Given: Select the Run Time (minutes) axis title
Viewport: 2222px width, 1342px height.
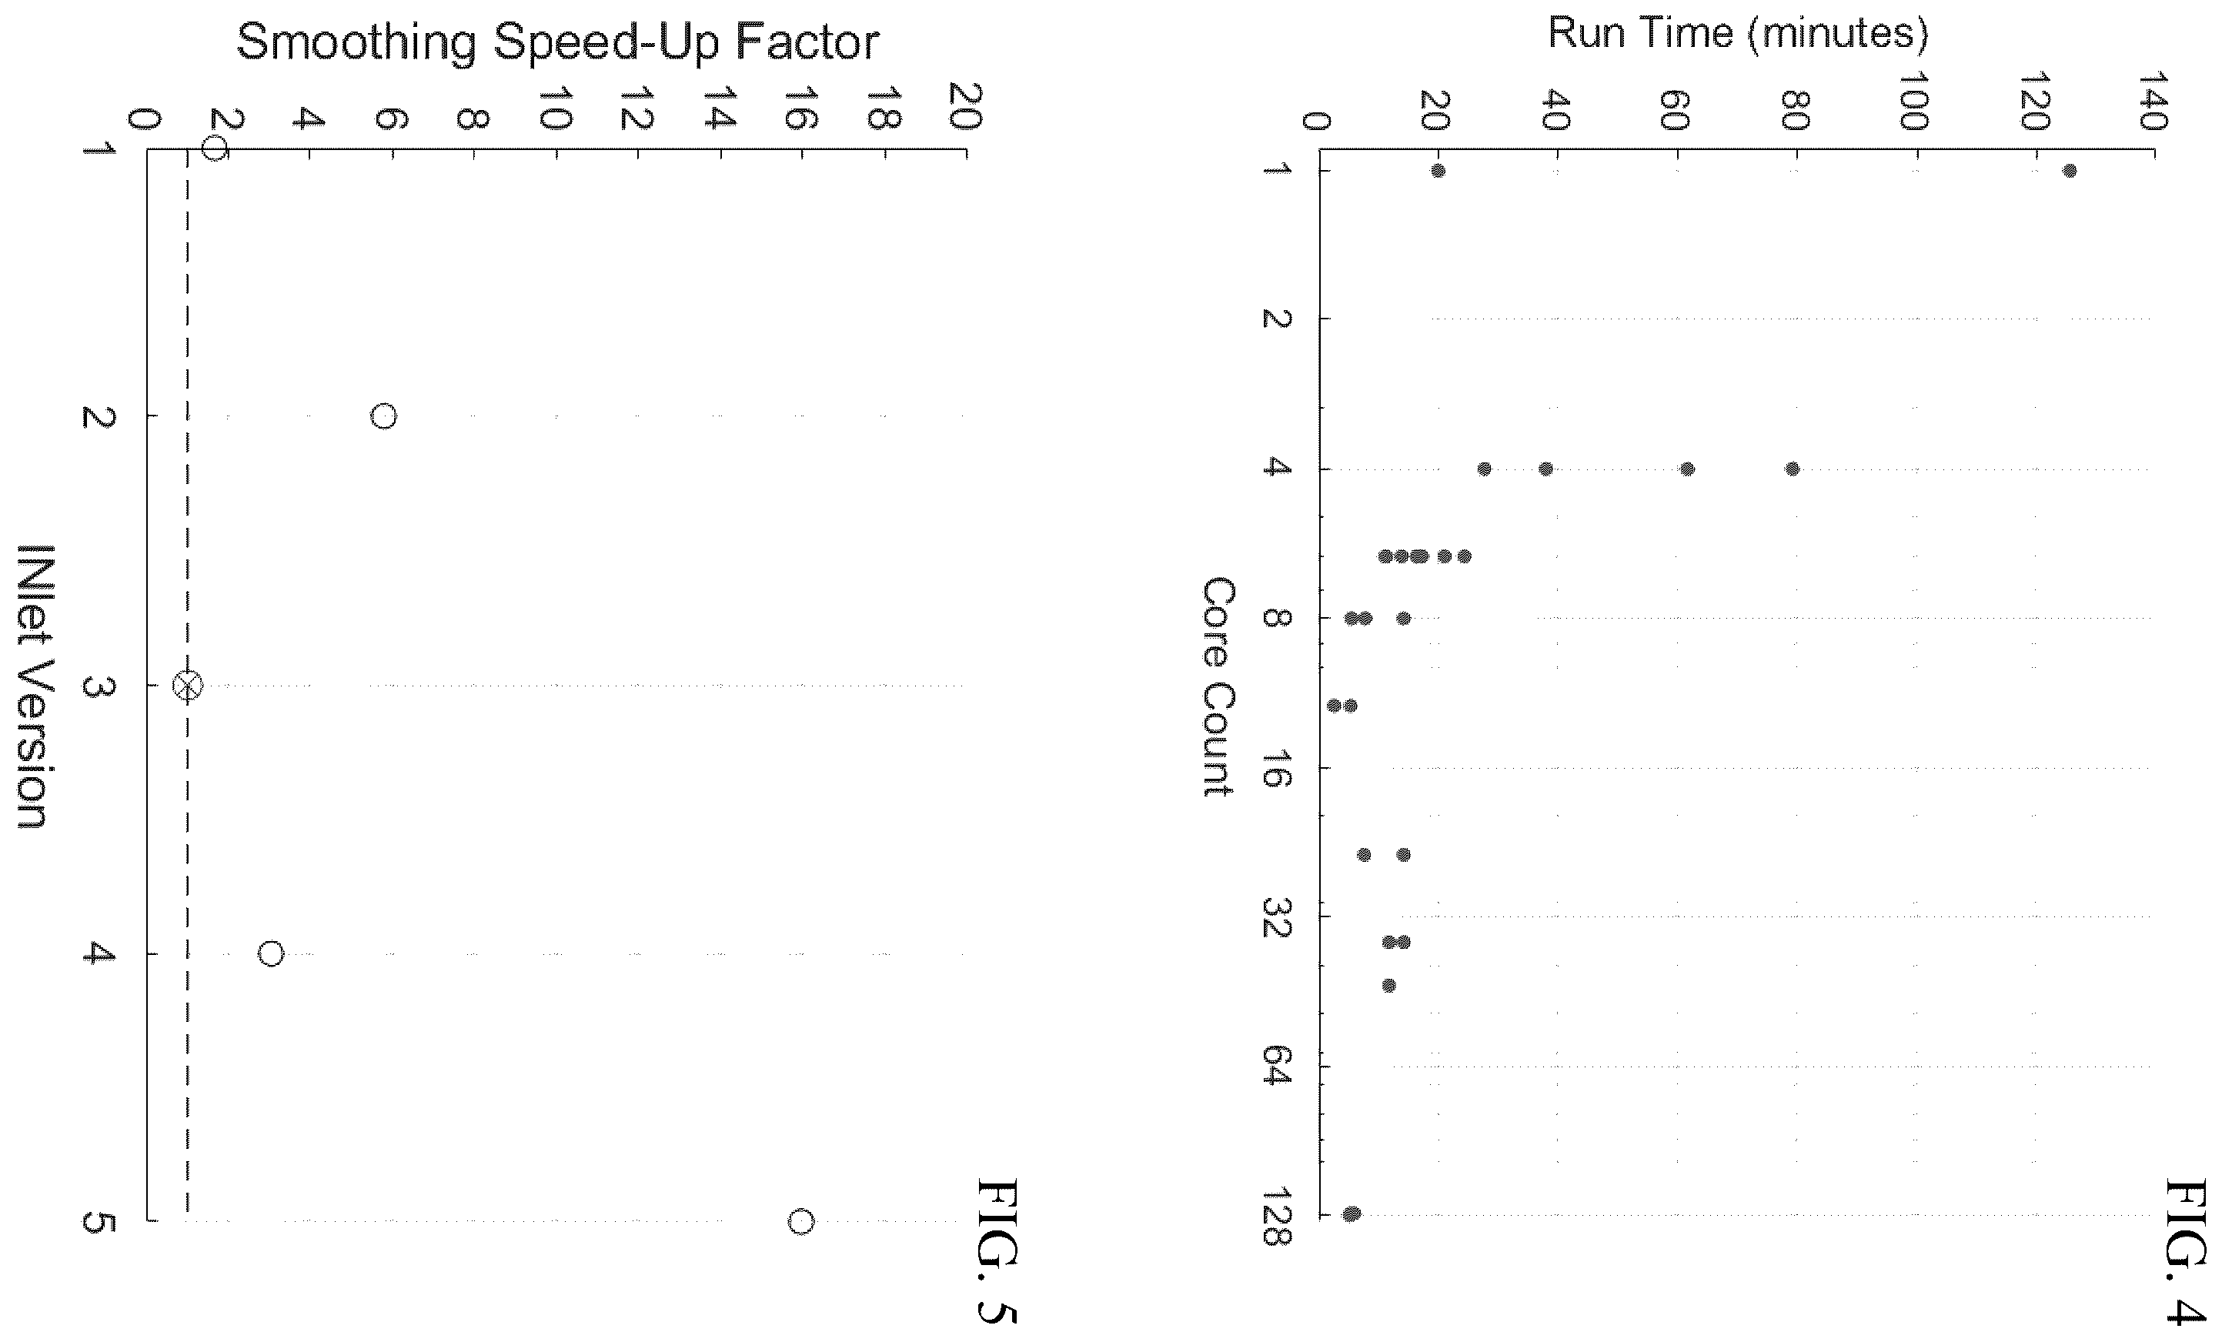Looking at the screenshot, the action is pos(1739,33).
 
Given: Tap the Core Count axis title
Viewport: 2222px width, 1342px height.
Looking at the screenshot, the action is pos(1218,687).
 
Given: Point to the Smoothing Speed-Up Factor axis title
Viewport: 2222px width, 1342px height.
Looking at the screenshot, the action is pos(557,42).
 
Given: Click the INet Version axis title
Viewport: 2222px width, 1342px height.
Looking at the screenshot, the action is pos(32,686).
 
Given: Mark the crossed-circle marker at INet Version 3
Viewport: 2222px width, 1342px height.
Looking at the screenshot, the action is pos(188,686).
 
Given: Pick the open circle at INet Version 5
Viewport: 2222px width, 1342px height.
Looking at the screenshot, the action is pos(800,1222).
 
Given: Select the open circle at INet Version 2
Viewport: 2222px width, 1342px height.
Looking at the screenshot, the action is pos(383,416).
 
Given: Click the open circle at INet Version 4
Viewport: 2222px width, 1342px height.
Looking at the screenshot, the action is pos(271,954).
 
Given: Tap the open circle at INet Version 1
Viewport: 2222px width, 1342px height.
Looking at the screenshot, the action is pos(213,147).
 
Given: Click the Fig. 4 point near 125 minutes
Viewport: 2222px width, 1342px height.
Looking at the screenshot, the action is pos(2070,172).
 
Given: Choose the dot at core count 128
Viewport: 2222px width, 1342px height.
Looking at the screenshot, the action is pos(1351,1214).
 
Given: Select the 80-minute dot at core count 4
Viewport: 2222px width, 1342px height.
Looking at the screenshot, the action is pos(1793,469).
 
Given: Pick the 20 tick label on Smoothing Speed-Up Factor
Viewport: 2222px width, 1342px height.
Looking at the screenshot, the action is pos(966,106).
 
